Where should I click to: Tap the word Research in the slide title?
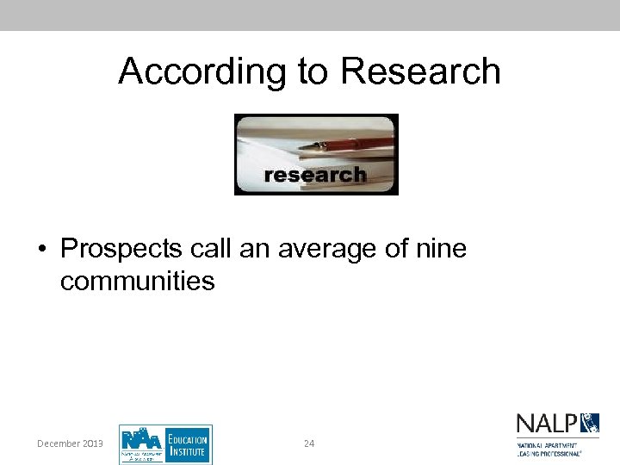[x=420, y=71]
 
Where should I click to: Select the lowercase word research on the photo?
[x=314, y=176]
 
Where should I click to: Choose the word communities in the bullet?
[x=137, y=281]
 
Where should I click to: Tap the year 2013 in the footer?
[x=93, y=443]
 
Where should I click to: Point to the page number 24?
[x=309, y=443]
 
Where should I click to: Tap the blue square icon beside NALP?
[x=590, y=423]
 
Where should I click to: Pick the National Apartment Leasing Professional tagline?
[x=549, y=448]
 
